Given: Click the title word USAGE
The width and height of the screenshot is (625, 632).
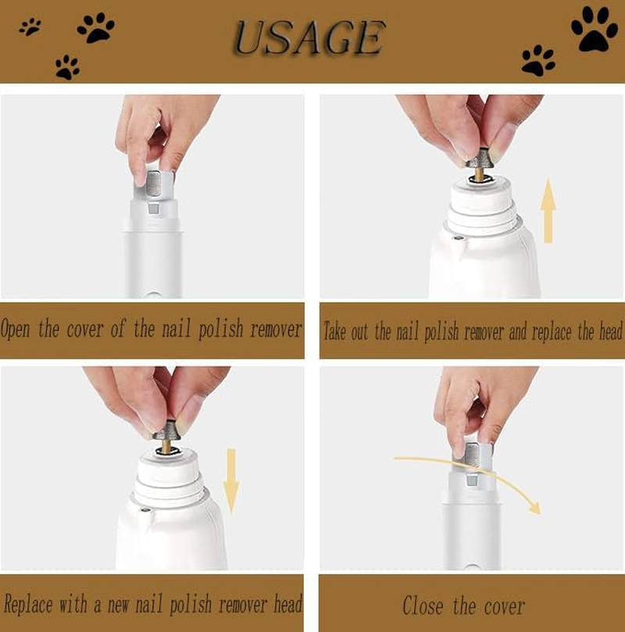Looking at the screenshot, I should [309, 38].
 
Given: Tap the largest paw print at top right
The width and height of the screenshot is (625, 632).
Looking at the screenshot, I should [594, 29].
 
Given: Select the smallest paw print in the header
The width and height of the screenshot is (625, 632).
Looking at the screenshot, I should [30, 27].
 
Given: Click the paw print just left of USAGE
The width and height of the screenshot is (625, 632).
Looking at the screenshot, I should [95, 27].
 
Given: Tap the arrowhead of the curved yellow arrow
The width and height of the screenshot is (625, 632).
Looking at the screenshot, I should [533, 507].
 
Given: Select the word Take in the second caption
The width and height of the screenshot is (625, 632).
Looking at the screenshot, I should [335, 332].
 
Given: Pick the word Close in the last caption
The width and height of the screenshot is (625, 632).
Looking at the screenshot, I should [423, 605].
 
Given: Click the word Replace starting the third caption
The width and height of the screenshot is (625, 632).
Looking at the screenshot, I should [24, 604].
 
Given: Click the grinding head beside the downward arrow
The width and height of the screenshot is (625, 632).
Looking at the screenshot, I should [166, 431].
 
